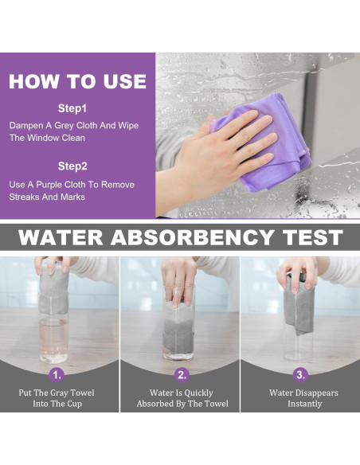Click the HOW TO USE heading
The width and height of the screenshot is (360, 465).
click(x=78, y=81)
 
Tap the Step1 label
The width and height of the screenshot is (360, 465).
click(x=72, y=108)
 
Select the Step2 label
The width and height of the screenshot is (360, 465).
click(x=72, y=166)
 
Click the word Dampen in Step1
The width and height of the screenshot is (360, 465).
click(x=26, y=126)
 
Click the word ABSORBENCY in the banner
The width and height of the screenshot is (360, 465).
click(x=192, y=237)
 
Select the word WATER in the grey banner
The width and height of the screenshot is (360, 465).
click(x=61, y=237)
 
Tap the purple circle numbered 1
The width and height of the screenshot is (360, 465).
click(x=57, y=375)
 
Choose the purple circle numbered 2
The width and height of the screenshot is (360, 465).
click(x=182, y=374)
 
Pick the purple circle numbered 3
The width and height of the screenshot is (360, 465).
click(x=300, y=374)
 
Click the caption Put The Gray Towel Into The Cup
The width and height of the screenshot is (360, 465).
click(x=57, y=398)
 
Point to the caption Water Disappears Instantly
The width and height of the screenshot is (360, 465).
click(x=304, y=398)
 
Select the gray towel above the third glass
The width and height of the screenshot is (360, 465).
click(x=299, y=303)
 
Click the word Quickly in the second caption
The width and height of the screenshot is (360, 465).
click(x=198, y=393)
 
